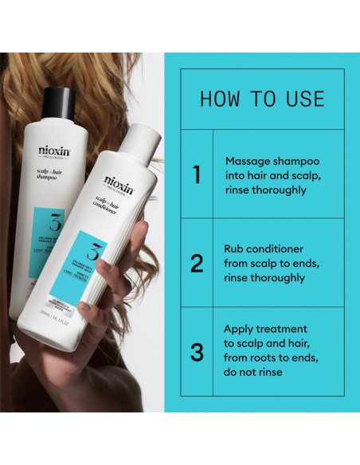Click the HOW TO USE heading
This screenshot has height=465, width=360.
click(x=262, y=99)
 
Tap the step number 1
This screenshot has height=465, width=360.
click(x=197, y=174)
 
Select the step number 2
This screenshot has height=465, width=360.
click(x=197, y=263)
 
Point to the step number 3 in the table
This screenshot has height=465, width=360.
click(x=197, y=351)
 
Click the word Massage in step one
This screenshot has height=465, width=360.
click(x=248, y=159)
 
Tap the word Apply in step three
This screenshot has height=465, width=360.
click(x=241, y=328)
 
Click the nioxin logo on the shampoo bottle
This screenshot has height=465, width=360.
click(x=53, y=152)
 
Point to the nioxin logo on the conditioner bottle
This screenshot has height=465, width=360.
click(x=119, y=182)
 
